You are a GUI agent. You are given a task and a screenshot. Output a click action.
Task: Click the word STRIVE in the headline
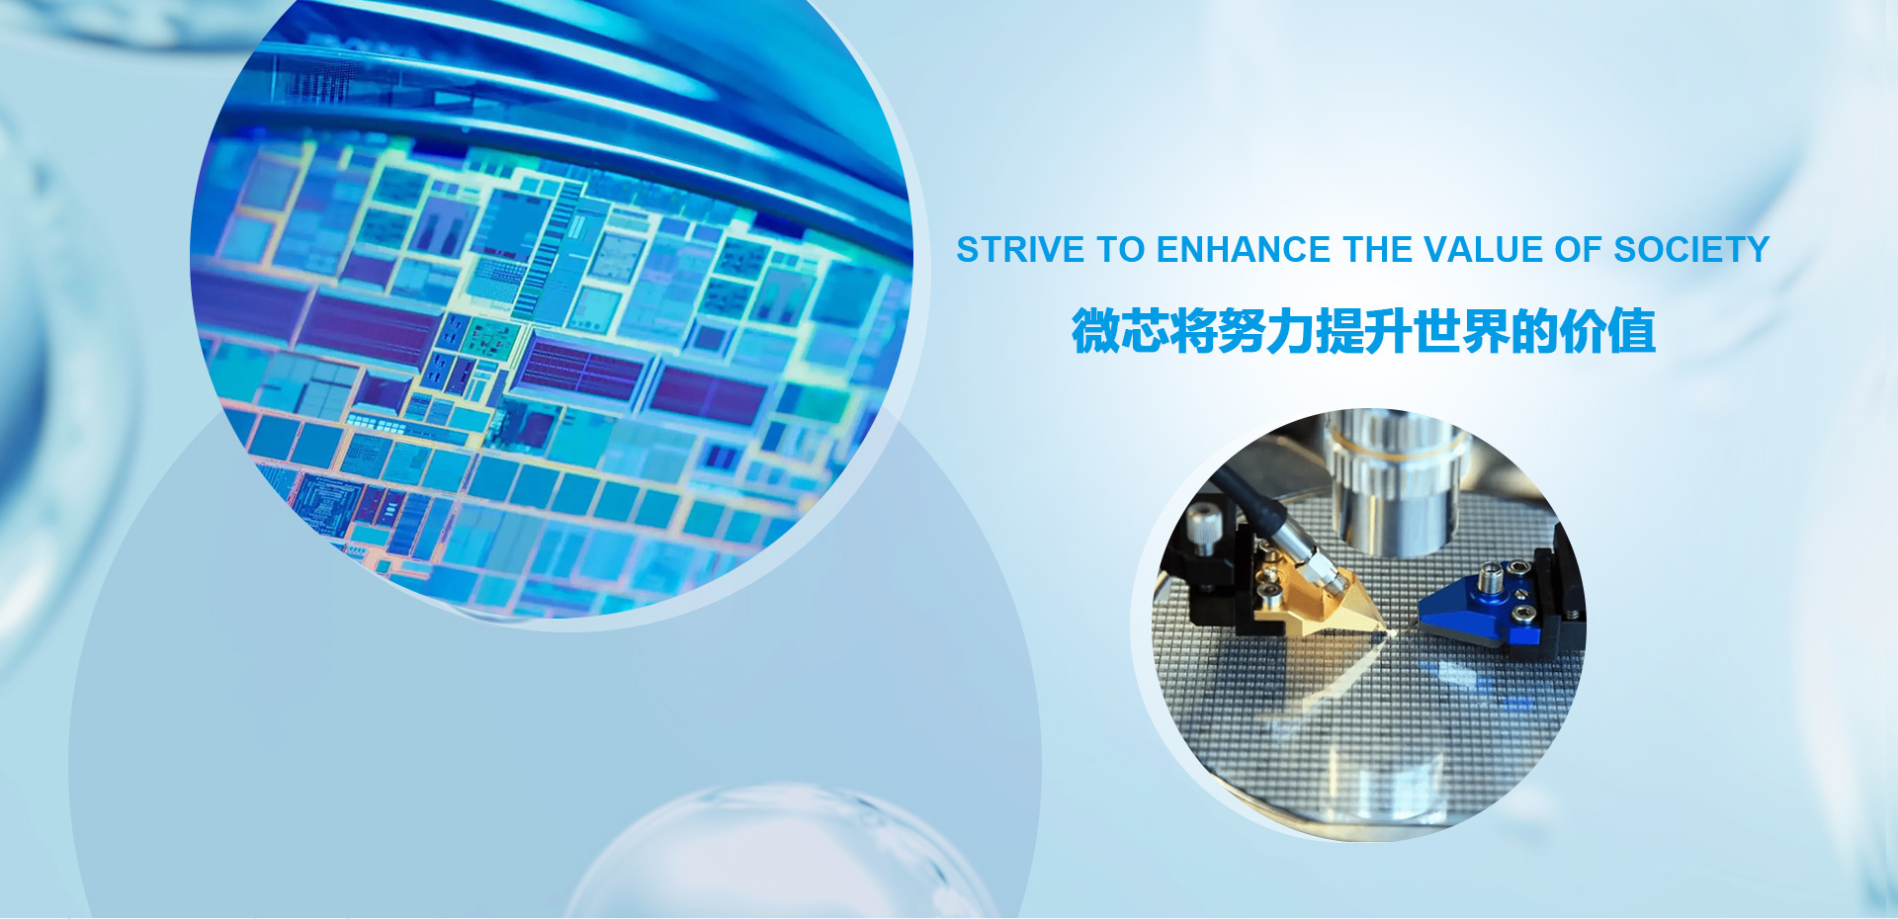click(x=1020, y=250)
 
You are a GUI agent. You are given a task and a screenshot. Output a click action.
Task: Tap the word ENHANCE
click(x=1244, y=250)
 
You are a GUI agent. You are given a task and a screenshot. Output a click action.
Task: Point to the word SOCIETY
click(x=1691, y=250)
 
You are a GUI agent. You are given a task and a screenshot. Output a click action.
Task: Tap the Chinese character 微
click(x=1096, y=331)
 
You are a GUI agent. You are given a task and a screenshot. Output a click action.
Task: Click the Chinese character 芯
click(x=1145, y=331)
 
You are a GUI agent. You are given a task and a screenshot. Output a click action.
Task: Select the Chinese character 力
click(x=1291, y=331)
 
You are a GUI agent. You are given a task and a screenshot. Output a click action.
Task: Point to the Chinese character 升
click(x=1388, y=331)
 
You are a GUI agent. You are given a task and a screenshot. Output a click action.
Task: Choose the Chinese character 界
click(x=1486, y=331)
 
